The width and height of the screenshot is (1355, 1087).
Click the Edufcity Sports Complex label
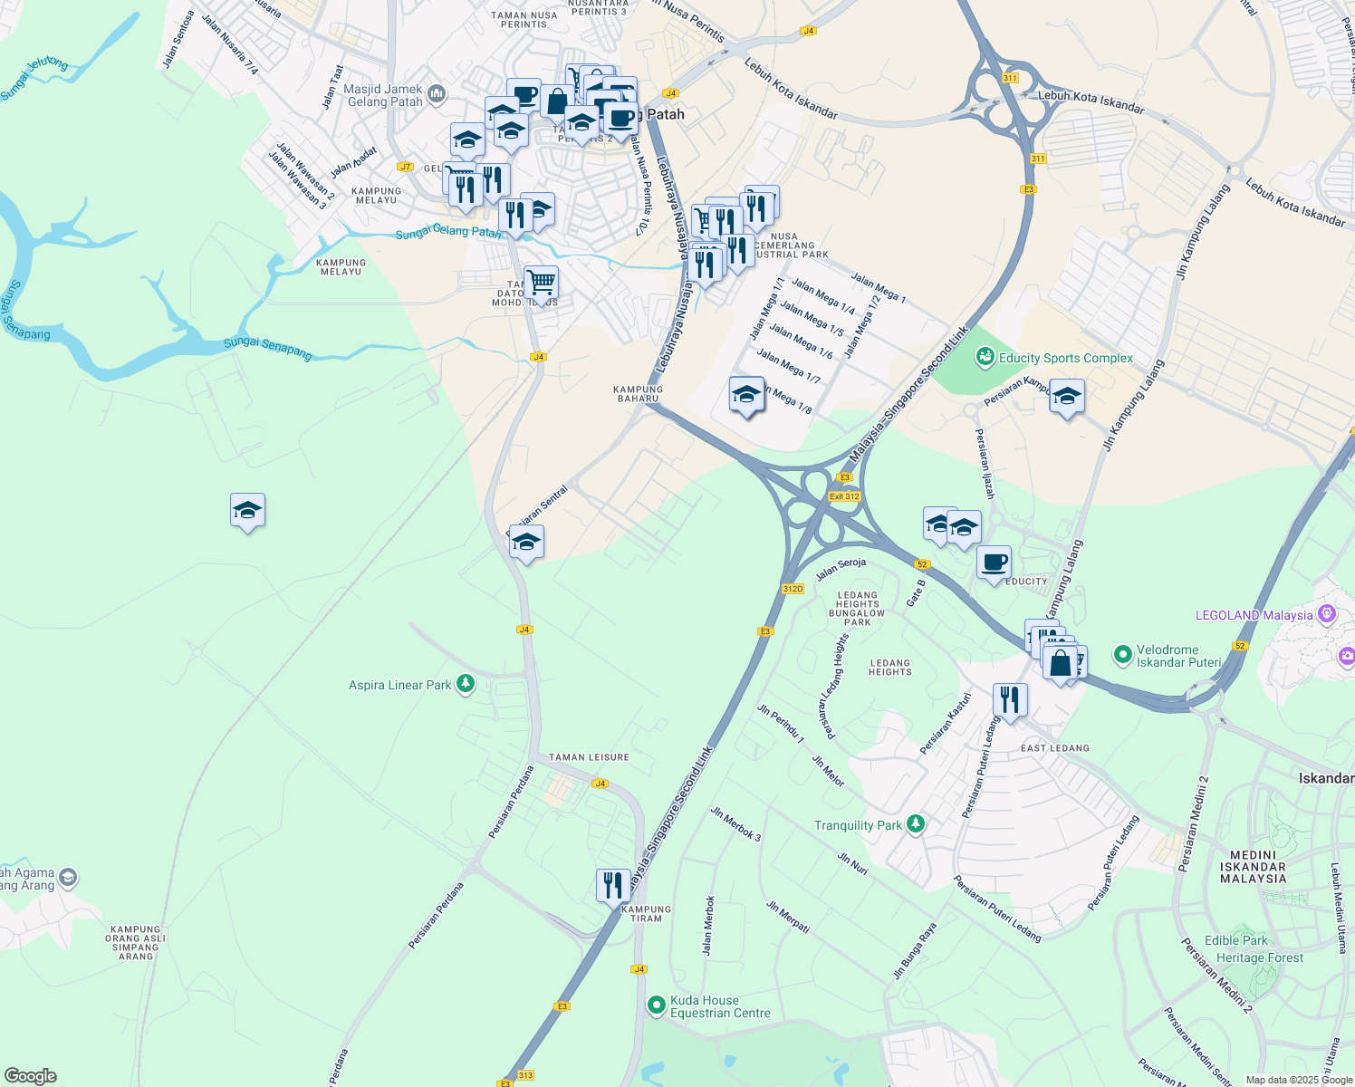point(1065,358)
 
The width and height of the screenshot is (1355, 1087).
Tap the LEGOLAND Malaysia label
point(1254,615)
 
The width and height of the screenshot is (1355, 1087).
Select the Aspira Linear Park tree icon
point(466,684)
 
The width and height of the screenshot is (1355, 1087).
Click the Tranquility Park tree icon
point(917,824)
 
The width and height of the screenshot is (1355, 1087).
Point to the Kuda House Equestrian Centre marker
point(657,1005)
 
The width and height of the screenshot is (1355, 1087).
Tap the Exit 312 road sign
point(844,496)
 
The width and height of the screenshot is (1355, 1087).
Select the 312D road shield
point(793,589)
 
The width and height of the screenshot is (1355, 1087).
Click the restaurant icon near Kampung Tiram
point(613,885)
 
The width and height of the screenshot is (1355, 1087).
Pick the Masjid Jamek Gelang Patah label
point(385,95)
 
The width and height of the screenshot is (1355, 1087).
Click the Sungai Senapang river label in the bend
point(268,348)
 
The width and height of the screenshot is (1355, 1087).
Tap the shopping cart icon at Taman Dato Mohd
point(541,283)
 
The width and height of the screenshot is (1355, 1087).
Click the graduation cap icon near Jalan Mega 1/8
point(746,395)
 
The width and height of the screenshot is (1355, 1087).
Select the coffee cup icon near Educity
point(994,563)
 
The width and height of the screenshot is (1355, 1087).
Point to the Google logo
point(30,1076)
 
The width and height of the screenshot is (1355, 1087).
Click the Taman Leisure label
point(589,757)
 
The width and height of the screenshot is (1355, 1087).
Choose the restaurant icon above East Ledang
point(1009,700)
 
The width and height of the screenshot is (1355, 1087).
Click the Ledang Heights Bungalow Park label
point(857,609)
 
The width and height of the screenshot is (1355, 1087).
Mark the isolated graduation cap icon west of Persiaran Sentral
point(247,512)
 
